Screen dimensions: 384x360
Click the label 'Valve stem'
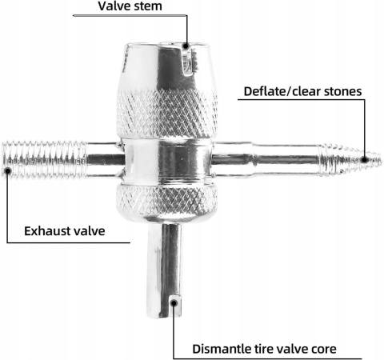point(130,6)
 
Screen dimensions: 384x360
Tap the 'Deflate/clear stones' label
point(302,91)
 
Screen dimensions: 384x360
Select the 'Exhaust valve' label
point(65,231)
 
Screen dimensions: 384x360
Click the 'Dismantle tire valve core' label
point(264,349)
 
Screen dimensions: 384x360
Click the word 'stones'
point(343,91)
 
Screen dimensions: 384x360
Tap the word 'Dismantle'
point(220,349)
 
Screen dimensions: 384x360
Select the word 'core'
point(324,350)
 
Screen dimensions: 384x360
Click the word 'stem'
point(147,6)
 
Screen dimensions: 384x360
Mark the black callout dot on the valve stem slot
point(186,46)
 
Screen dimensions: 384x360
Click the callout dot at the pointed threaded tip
point(365,160)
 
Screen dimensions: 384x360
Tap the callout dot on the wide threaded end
point(8,170)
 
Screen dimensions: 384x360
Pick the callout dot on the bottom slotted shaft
point(174,302)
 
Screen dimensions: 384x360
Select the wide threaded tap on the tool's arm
point(45,160)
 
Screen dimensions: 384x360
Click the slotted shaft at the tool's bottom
point(164,270)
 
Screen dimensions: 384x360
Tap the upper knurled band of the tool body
point(167,114)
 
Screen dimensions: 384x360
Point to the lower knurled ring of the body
point(166,200)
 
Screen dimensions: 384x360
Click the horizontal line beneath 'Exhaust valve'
point(69,242)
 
